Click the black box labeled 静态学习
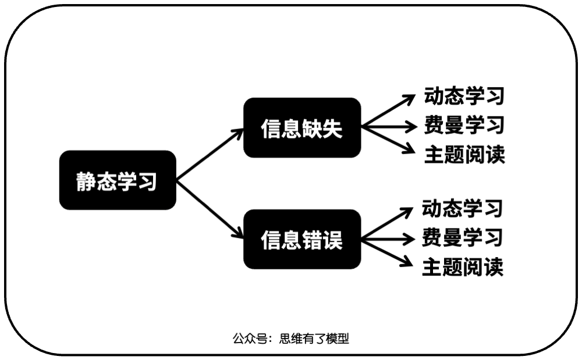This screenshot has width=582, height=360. coord(118,180)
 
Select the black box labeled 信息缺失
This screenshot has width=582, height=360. coord(302,127)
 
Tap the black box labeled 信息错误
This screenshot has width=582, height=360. coord(302,239)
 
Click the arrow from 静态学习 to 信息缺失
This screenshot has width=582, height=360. coord(210,155)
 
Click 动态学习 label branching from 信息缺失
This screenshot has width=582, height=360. coord(464,96)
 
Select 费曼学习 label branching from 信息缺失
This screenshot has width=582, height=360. coord(464,126)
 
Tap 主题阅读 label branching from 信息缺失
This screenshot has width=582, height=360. coord(464,155)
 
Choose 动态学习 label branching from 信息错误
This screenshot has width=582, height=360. coord(462,208)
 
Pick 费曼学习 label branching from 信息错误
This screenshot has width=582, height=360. coord(462,237)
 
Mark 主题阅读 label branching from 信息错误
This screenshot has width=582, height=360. coord(462,267)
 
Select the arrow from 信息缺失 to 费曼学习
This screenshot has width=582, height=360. coord(390,126)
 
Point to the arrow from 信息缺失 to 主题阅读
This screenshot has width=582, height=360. coord(389,140)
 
